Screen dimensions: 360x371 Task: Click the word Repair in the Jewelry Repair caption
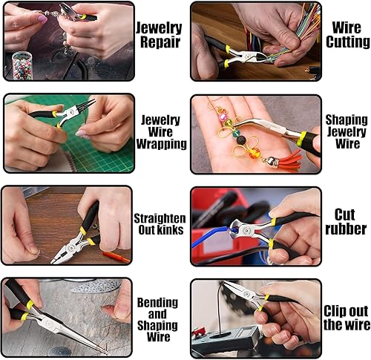click(x=160, y=41)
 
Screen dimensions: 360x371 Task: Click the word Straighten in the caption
click(x=160, y=218)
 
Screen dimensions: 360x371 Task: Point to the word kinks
click(x=171, y=231)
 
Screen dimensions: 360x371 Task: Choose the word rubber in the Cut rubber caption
click(x=346, y=229)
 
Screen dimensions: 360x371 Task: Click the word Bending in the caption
click(x=157, y=302)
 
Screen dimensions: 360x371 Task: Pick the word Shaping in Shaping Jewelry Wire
click(x=346, y=119)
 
